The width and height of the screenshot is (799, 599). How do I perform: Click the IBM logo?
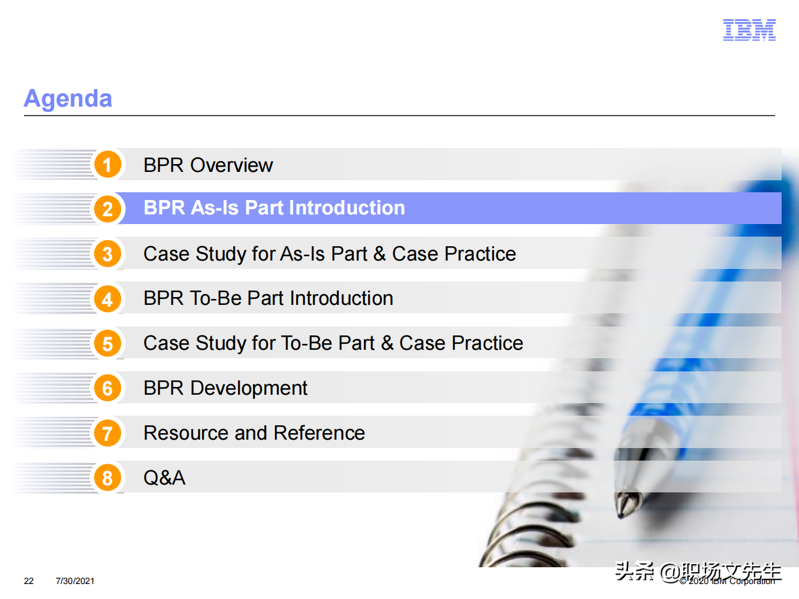tap(749, 30)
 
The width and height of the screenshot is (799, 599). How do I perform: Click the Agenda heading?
tap(68, 99)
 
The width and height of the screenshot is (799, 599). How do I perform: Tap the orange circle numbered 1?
tap(107, 165)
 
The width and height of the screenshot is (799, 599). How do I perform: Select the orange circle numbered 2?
tap(107, 209)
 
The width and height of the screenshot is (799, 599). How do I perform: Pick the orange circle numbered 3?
tap(107, 254)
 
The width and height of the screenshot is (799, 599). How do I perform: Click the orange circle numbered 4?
tap(107, 299)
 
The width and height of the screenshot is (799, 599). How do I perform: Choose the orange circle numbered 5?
tap(107, 344)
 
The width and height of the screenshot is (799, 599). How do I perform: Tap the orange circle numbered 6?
tap(107, 388)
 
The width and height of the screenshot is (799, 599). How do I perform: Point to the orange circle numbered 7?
tap(107, 433)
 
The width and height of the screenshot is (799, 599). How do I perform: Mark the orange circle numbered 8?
tap(107, 478)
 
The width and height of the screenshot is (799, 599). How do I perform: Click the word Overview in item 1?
tap(231, 165)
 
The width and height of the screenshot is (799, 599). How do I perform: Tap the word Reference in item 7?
tap(319, 433)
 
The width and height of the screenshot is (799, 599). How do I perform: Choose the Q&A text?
tap(164, 478)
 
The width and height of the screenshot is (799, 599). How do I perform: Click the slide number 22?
tap(29, 581)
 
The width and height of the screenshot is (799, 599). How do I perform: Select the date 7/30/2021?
tap(75, 581)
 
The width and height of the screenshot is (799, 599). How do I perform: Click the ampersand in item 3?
tap(379, 254)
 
